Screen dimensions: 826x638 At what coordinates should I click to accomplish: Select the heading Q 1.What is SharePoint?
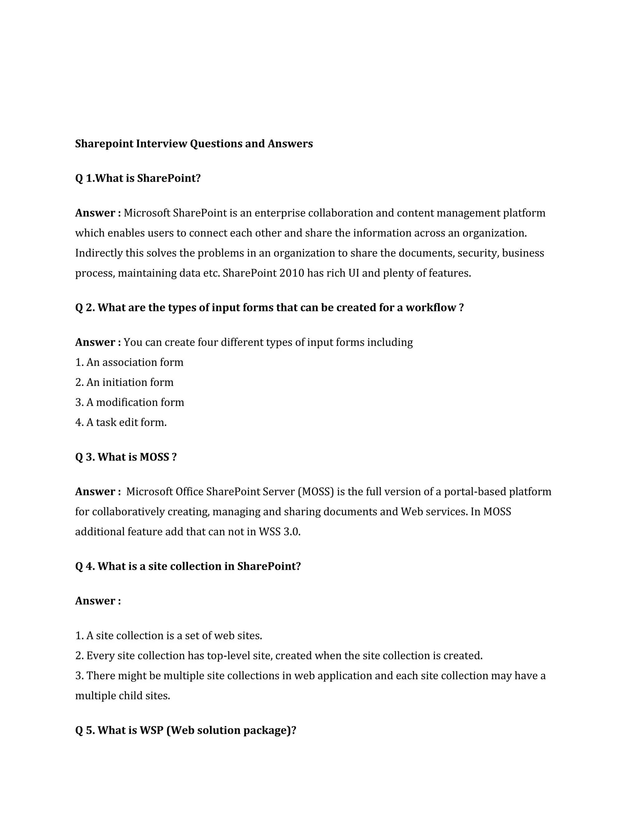click(x=138, y=178)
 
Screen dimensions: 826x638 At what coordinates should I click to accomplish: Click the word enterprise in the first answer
click(x=280, y=213)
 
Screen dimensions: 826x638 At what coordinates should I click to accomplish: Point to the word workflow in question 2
click(x=431, y=307)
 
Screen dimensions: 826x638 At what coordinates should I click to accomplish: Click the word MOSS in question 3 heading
click(x=154, y=457)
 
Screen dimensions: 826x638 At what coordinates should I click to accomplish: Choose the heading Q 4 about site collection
click(x=188, y=566)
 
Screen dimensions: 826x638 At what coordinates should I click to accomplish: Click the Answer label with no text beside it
click(x=98, y=601)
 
